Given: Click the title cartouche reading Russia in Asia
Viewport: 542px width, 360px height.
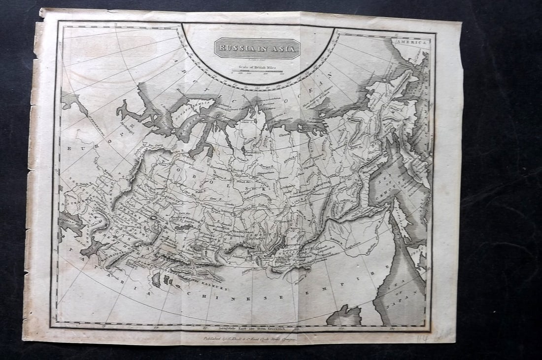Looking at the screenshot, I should pyautogui.click(x=257, y=48).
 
